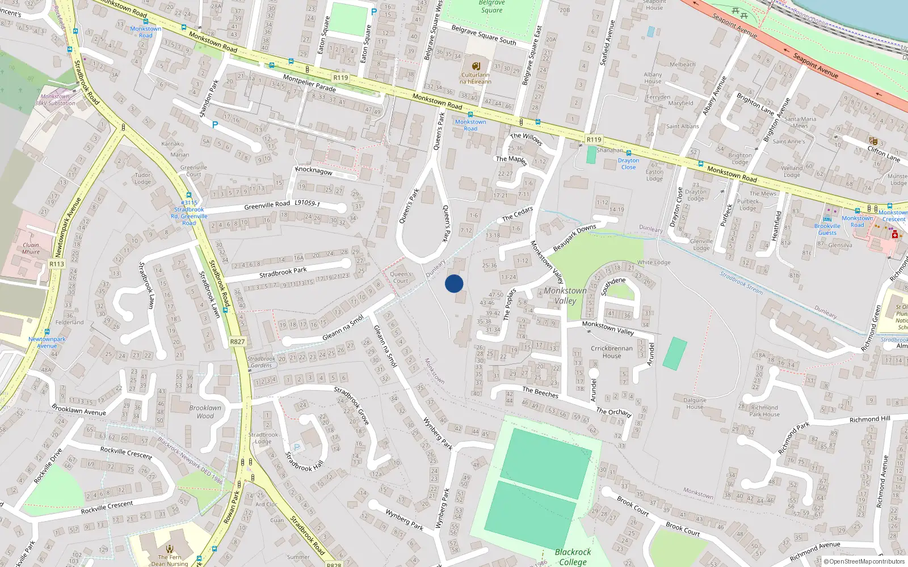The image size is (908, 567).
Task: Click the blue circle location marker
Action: pyautogui.click(x=454, y=283)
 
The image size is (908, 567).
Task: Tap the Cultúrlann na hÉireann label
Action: pyautogui.click(x=476, y=78)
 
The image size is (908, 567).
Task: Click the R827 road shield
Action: pyautogui.click(x=238, y=342)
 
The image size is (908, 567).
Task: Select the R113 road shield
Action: pyautogui.click(x=57, y=264)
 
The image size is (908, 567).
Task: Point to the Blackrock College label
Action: pyautogui.click(x=573, y=556)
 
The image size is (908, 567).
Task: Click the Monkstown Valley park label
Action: pyautogui.click(x=565, y=295)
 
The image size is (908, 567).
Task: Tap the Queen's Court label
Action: pyautogui.click(x=401, y=277)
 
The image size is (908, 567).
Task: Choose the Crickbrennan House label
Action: pyautogui.click(x=611, y=352)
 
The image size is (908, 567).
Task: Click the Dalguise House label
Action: pyautogui.click(x=695, y=403)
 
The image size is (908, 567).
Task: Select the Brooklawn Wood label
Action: pyautogui.click(x=205, y=412)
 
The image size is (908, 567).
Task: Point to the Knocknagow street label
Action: pyautogui.click(x=314, y=170)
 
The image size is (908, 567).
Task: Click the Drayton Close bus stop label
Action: pyautogui.click(x=628, y=164)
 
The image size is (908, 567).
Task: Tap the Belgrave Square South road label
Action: pyautogui.click(x=484, y=35)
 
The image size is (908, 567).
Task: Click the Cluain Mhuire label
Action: pyautogui.click(x=31, y=248)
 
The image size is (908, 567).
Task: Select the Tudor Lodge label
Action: pyautogui.click(x=142, y=179)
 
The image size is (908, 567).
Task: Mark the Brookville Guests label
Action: pyautogui.click(x=827, y=229)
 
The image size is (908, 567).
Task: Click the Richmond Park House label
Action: pyautogui.click(x=764, y=411)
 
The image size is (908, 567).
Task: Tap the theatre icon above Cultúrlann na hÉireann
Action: pyautogui.click(x=476, y=66)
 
